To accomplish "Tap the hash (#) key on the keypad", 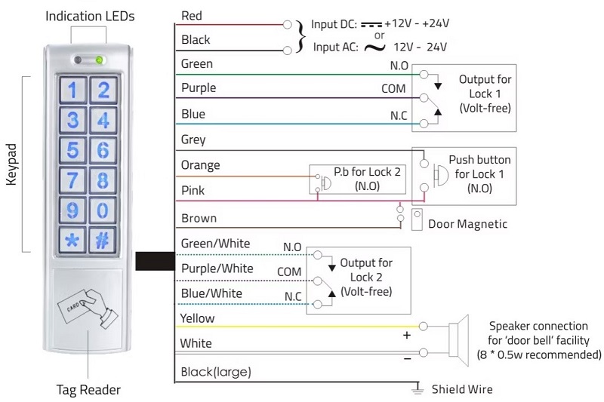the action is point(103,241).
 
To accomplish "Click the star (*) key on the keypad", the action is point(72,241).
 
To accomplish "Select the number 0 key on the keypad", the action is point(103,210).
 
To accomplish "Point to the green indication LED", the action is point(99,60).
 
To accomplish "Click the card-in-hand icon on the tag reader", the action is point(88,308).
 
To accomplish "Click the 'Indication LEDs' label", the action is point(90,16).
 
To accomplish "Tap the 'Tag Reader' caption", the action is point(88,390).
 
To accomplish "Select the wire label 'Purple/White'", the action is point(217,269).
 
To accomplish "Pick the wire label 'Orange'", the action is point(200,165).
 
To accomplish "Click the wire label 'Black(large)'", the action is point(216,372).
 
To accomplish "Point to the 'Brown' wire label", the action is point(199,219).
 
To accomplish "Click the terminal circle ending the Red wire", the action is point(287,25).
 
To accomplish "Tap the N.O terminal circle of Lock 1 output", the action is point(424,75).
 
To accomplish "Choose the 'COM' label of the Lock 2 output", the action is point(289,272).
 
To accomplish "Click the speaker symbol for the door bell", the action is point(458,340).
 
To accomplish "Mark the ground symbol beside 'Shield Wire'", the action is point(418,388).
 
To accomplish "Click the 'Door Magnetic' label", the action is point(467,224).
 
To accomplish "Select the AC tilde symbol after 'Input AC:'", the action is point(374,48).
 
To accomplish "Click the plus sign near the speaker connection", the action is point(407,336).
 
